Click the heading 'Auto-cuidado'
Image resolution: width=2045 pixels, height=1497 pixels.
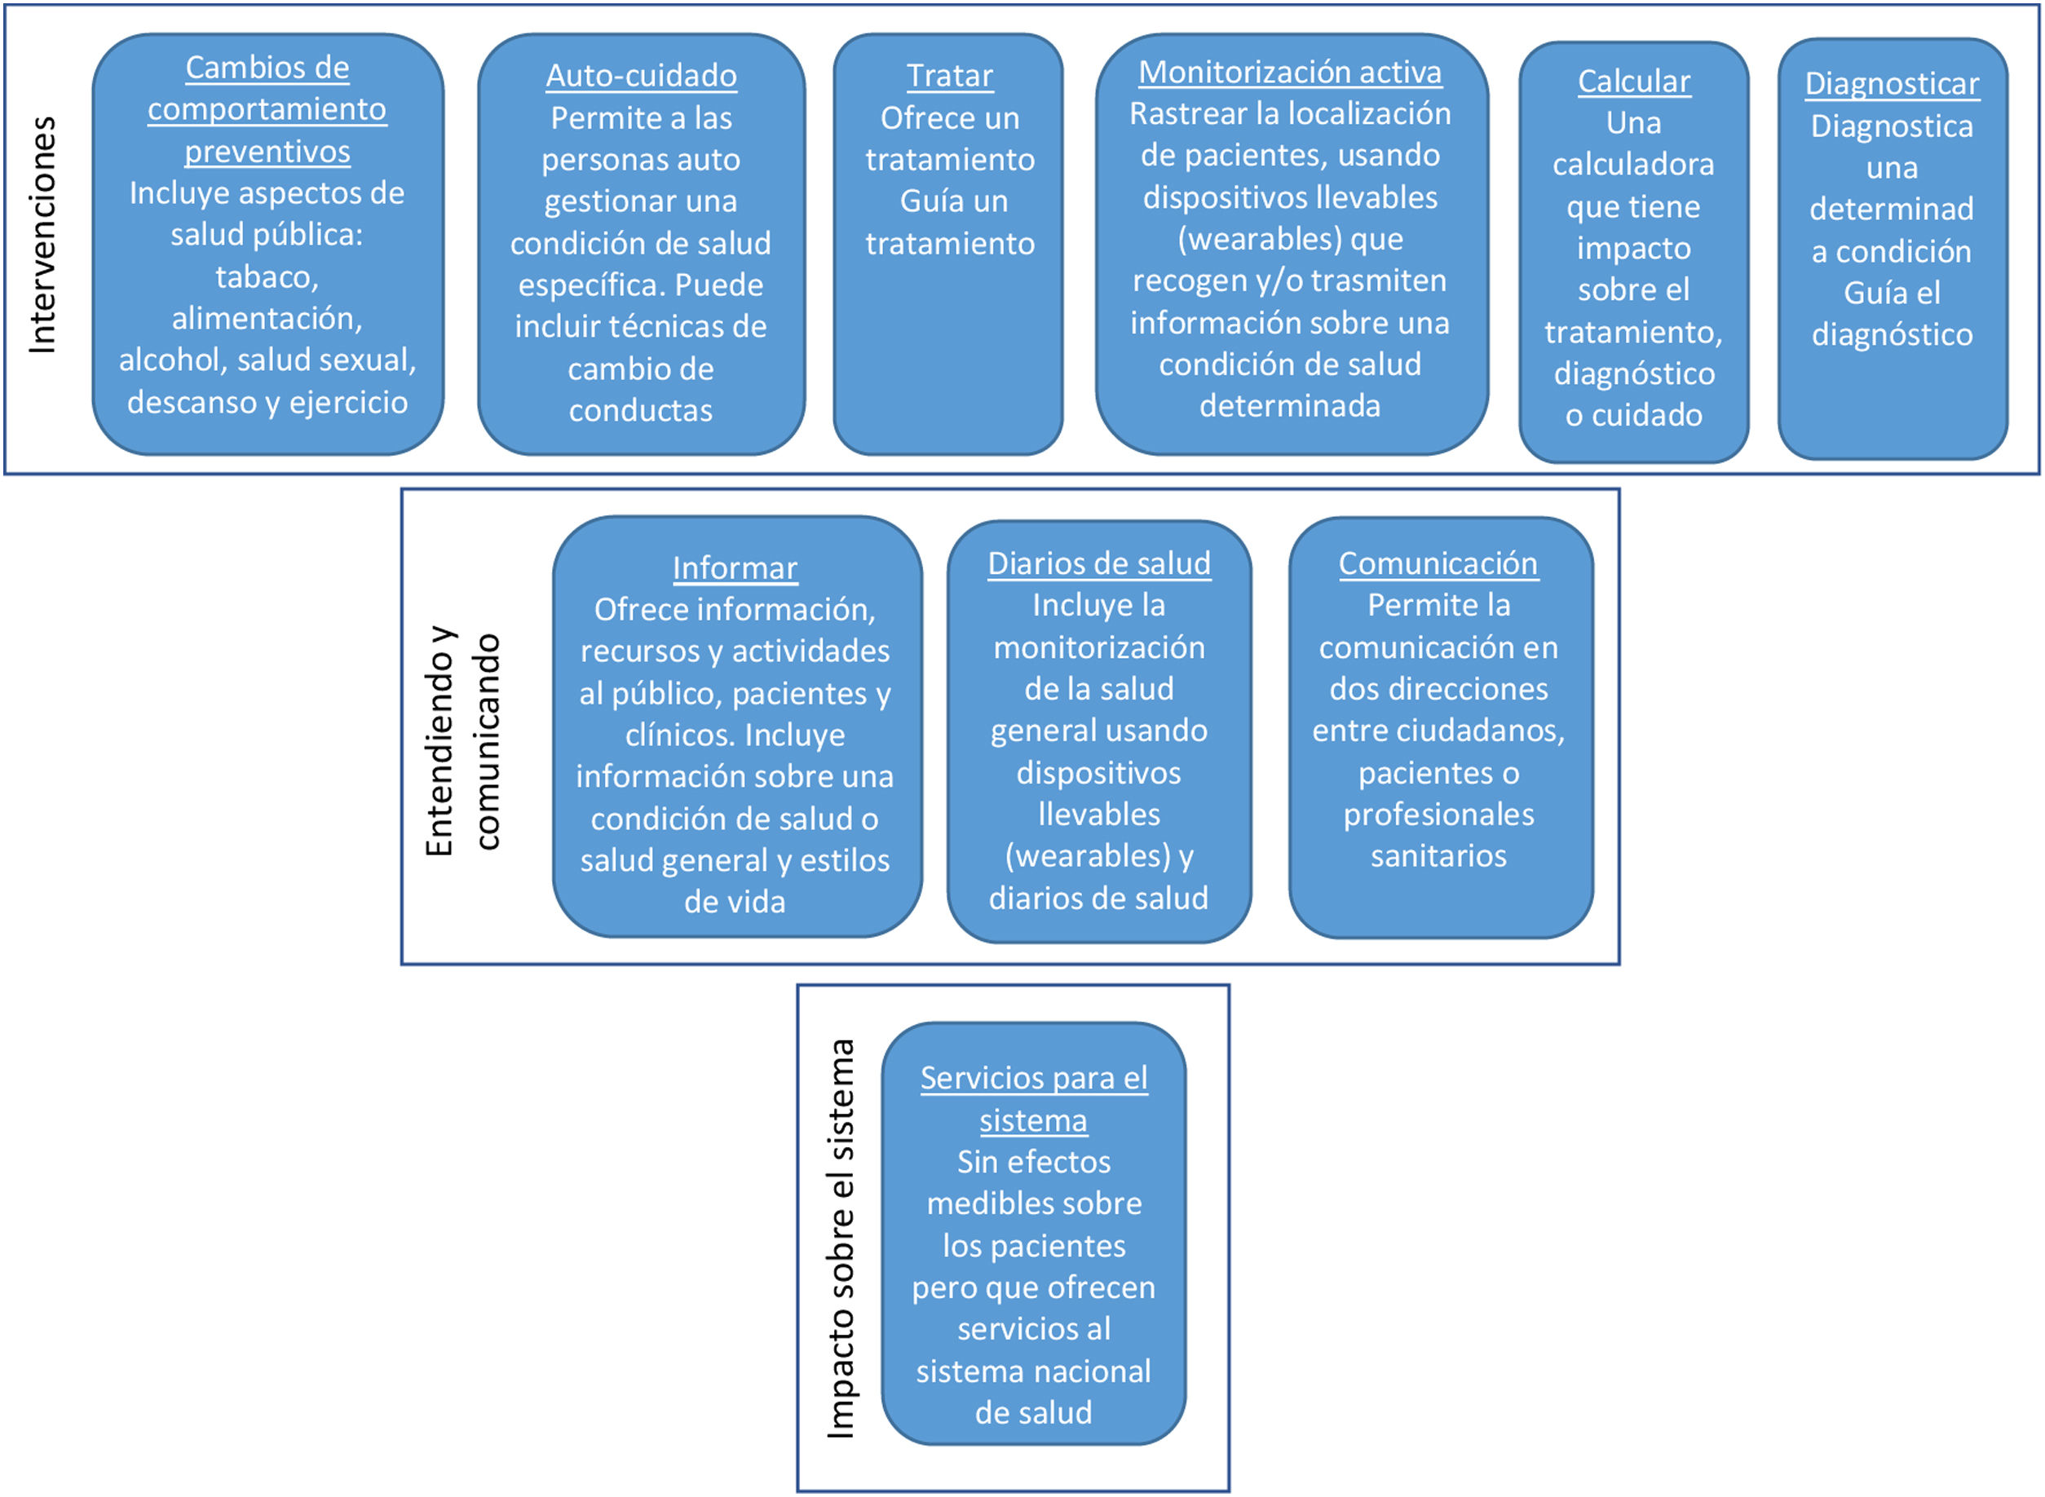click(x=641, y=76)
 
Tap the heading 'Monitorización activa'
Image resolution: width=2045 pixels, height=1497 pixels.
click(x=1289, y=73)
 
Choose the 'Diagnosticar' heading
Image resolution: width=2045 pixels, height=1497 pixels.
click(x=1891, y=84)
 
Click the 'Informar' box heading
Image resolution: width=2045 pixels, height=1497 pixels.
click(x=734, y=568)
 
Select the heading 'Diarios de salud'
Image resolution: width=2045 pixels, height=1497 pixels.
click(x=1098, y=563)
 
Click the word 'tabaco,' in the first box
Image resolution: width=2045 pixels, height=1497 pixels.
click(x=267, y=277)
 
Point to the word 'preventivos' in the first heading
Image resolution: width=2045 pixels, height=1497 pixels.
click(x=267, y=152)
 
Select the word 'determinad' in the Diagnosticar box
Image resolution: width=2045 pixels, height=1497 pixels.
click(x=1891, y=210)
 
